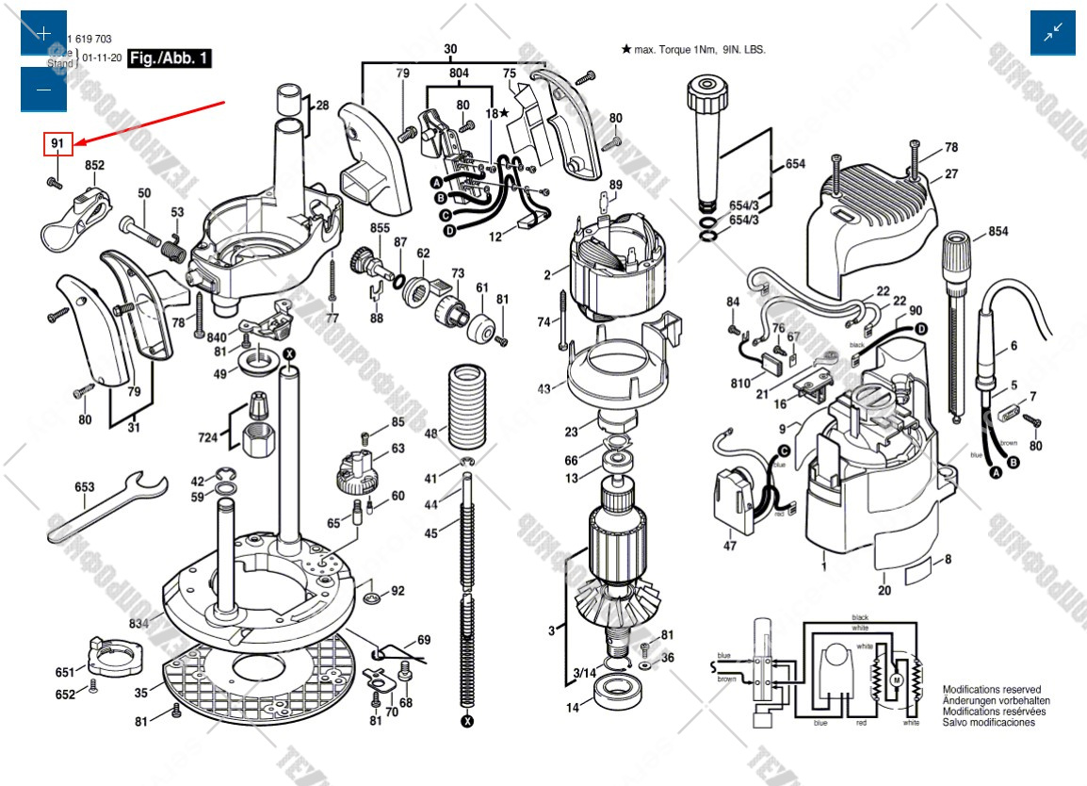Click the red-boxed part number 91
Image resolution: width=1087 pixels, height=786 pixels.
[x=57, y=143]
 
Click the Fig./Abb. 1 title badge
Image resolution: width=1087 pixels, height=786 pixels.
[x=170, y=58]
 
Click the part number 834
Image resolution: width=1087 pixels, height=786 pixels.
[x=138, y=623]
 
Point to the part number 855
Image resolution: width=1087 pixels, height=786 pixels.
[x=380, y=229]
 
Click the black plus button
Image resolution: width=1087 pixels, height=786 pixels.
[x=43, y=34]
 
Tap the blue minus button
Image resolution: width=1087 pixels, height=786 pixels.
[x=43, y=90]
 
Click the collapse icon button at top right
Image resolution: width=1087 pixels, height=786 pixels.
[x=1052, y=33]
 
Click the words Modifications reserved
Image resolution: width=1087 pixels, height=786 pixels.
[x=991, y=690]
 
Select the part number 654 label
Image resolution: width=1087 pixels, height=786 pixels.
[x=795, y=164]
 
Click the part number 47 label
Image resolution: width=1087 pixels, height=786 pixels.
[x=730, y=546]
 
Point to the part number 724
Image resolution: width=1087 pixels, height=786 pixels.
[x=207, y=437]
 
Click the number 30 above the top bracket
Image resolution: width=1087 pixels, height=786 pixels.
[x=450, y=48]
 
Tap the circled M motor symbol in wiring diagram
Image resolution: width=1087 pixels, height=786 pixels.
[x=897, y=680]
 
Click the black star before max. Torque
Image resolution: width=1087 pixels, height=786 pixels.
[x=625, y=48]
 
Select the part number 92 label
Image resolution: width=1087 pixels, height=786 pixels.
[x=397, y=591]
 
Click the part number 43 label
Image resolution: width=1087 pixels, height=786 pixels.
[x=544, y=388]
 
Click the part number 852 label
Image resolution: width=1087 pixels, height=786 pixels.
[x=94, y=166]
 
